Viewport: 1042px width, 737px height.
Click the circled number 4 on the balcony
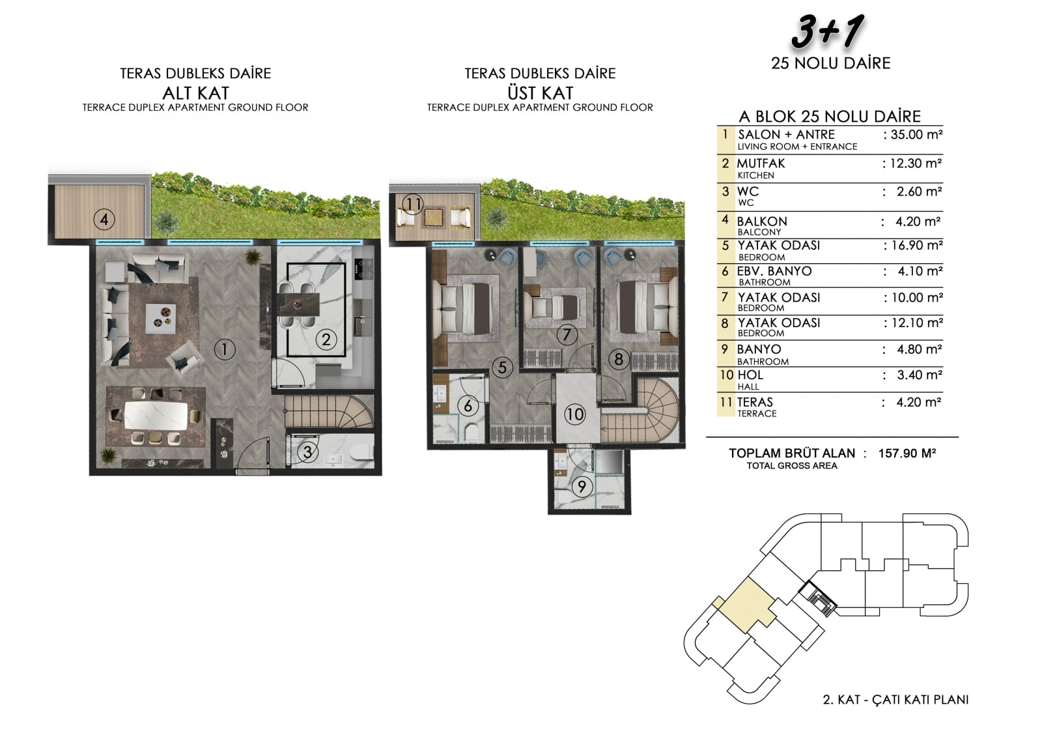point(104,220)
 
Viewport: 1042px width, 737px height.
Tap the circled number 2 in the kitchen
point(326,340)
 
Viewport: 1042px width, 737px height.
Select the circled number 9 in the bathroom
point(582,487)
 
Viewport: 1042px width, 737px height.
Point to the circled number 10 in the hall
point(574,414)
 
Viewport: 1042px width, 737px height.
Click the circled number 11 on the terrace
point(413,203)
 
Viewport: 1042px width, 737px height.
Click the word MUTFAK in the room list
point(761,164)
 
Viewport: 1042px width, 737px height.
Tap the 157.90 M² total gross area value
point(907,453)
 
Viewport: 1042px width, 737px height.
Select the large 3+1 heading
point(828,32)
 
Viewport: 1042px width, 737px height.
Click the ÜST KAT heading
point(540,93)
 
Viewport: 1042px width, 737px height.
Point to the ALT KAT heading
point(196,93)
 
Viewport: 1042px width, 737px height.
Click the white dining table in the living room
point(156,416)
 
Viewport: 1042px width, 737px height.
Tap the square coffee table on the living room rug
point(160,319)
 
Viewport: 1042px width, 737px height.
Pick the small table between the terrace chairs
point(434,217)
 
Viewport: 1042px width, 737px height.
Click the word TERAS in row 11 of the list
point(755,402)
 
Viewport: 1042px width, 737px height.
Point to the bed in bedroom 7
point(554,308)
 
